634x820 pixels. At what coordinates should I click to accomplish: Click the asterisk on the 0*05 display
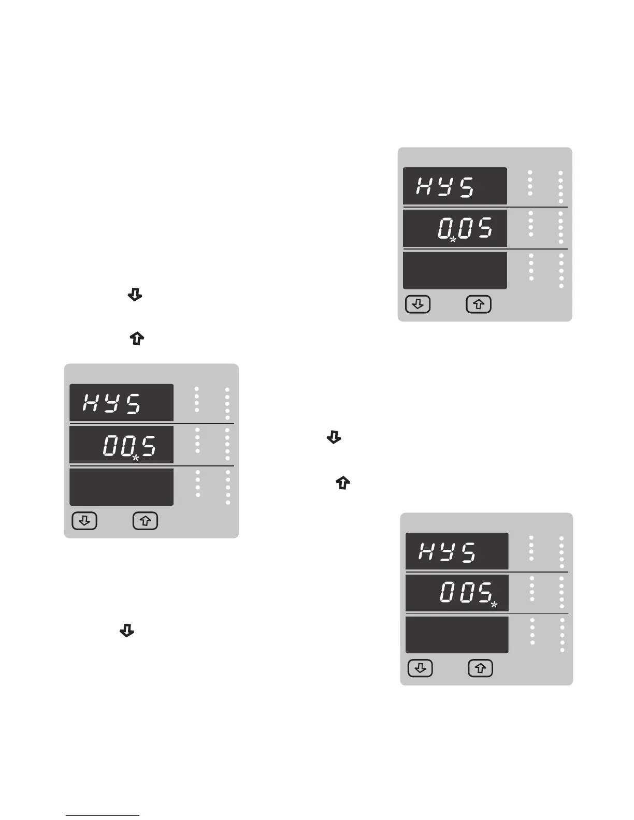(x=453, y=240)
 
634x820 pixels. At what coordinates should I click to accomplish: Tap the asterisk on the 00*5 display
(x=135, y=458)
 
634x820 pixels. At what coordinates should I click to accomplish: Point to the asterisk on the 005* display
(x=494, y=604)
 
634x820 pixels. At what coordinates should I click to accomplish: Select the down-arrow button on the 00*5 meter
(x=84, y=521)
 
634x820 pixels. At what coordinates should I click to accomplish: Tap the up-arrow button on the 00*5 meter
(x=146, y=521)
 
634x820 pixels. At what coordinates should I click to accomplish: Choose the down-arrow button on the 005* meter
(x=420, y=668)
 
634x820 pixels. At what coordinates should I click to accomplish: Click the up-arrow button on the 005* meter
(x=481, y=668)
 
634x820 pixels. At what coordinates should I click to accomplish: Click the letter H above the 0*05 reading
(x=426, y=186)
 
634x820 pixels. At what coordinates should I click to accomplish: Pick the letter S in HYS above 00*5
(x=134, y=403)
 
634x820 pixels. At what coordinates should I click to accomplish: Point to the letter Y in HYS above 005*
(x=449, y=552)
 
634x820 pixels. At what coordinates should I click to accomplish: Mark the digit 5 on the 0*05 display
(x=484, y=228)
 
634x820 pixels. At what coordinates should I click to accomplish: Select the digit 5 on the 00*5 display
(x=149, y=446)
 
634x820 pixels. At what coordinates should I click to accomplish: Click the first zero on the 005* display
(x=448, y=593)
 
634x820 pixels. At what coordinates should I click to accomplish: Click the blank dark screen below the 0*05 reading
(x=455, y=270)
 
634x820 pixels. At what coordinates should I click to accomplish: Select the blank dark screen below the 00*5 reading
(x=121, y=487)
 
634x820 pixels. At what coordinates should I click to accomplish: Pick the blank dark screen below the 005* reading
(x=457, y=635)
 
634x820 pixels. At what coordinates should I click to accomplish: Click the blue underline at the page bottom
(x=103, y=815)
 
